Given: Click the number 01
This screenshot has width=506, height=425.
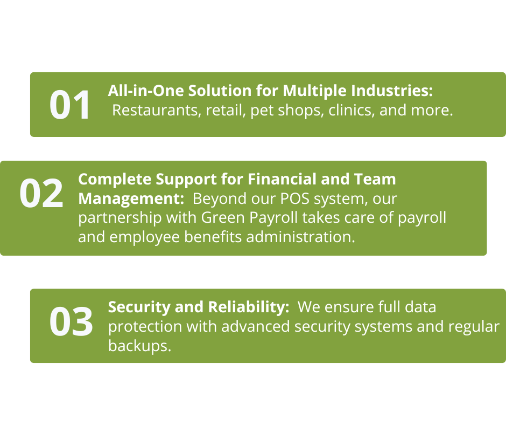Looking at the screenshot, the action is [x=69, y=105].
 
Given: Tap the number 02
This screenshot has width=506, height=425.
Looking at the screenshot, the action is [x=41, y=193].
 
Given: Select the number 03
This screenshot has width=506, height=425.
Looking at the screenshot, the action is [x=71, y=321].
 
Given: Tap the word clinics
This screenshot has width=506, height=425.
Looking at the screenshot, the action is [x=352, y=110].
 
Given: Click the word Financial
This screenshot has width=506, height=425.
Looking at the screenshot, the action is [x=282, y=179].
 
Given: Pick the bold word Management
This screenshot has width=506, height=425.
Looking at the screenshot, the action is [x=131, y=199].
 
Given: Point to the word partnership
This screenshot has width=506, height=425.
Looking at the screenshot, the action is [x=120, y=218].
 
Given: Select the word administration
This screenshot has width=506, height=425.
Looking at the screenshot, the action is [x=300, y=237].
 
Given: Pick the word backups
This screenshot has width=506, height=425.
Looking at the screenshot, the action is [x=139, y=346].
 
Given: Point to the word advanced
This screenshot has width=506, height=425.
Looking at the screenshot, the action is [x=256, y=326].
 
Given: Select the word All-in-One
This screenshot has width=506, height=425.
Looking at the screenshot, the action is [x=147, y=91].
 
